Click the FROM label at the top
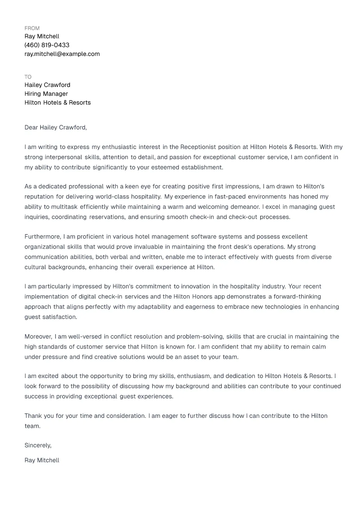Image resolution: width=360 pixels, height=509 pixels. click(32, 28)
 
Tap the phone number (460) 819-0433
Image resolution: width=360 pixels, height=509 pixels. click(47, 45)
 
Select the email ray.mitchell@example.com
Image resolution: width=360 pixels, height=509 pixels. click(62, 54)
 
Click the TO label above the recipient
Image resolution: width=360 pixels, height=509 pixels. click(28, 77)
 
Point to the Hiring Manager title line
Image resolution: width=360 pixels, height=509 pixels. click(46, 94)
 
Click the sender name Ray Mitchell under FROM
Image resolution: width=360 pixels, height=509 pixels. click(42, 36)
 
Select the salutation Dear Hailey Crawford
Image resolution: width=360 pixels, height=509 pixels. click(56, 128)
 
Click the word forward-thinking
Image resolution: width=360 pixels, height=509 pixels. click(297, 297)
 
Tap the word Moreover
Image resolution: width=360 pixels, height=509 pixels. click(38, 337)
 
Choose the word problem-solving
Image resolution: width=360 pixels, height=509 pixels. click(200, 337)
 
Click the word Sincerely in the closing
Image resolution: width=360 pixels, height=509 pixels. click(38, 445)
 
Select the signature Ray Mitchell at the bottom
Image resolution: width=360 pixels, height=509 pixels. click(42, 460)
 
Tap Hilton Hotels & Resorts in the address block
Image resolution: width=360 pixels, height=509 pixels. click(57, 103)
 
